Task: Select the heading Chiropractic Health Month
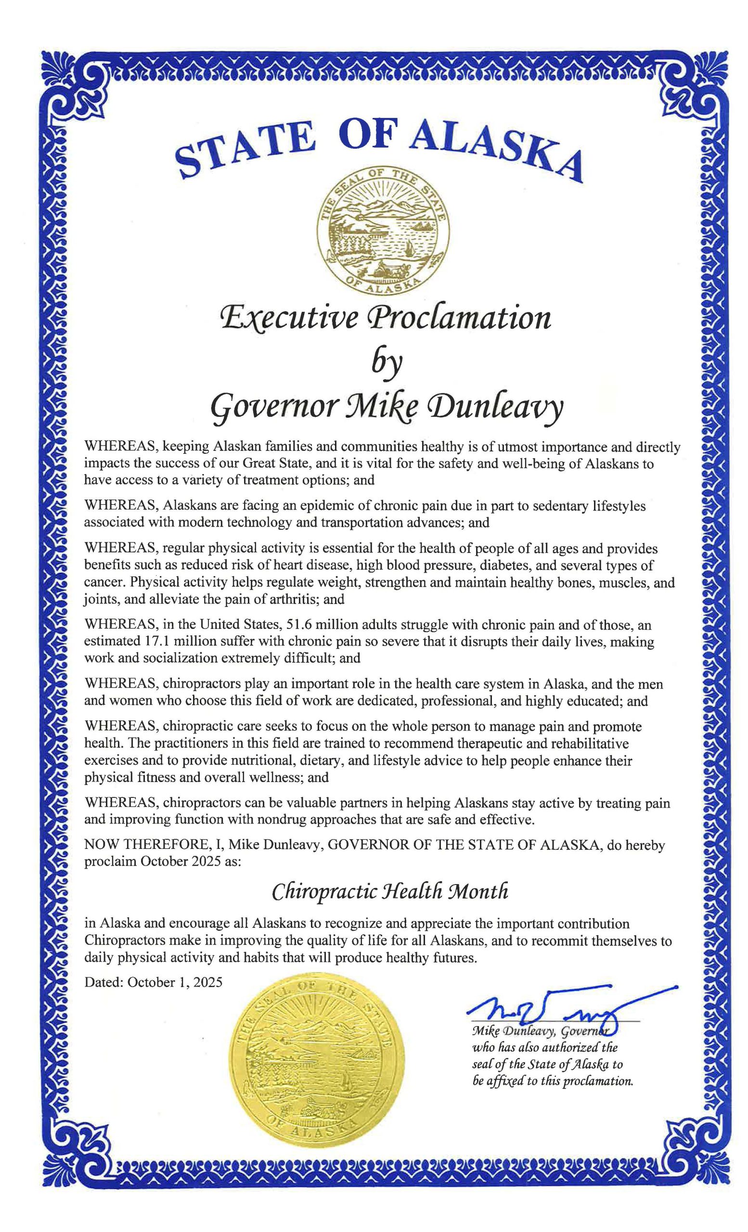click(389, 892)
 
